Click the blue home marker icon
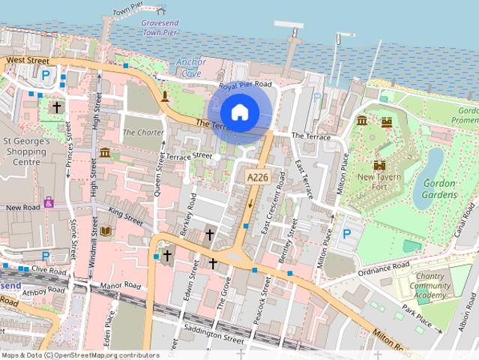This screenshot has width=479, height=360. click(x=239, y=112)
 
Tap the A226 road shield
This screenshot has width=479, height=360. click(x=257, y=177)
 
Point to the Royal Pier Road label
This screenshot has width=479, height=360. click(x=244, y=85)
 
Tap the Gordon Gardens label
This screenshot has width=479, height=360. click(x=439, y=189)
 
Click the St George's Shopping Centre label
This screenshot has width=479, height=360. click(x=26, y=151)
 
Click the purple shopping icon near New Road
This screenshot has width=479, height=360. click(x=49, y=202)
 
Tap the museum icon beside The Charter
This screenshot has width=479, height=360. click(x=104, y=153)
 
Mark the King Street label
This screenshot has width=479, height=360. click(x=124, y=216)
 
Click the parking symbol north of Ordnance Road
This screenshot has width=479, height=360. click(x=346, y=234)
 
